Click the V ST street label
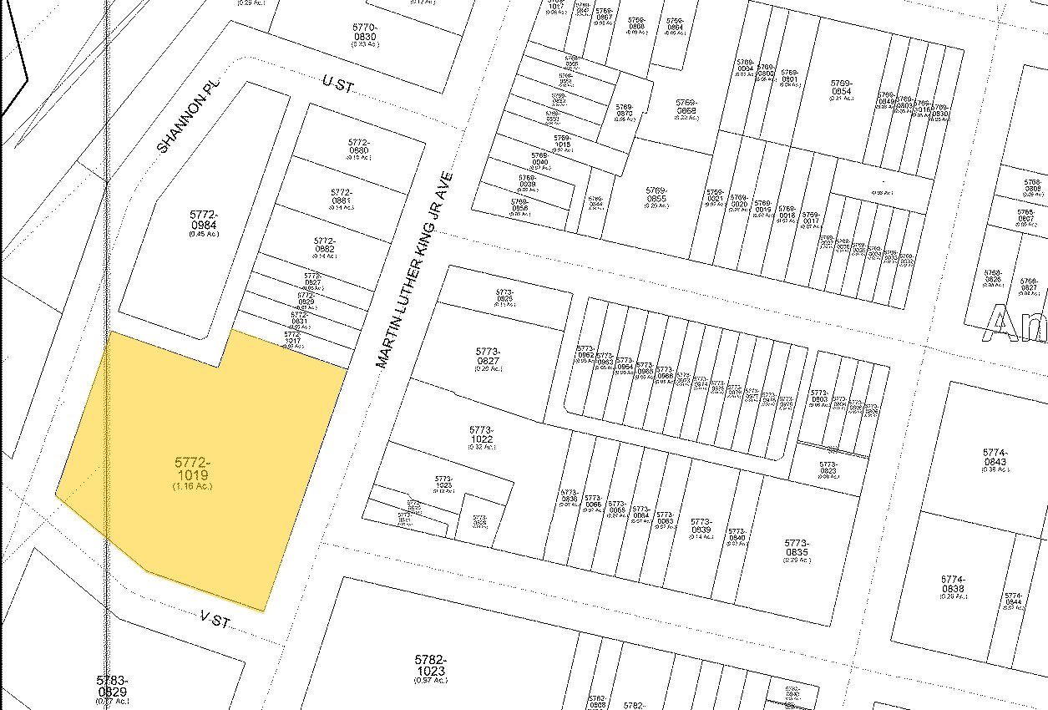215,620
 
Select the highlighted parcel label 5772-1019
192,470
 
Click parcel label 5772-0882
325,245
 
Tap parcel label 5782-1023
431,666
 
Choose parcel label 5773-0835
797,547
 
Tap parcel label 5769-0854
841,87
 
